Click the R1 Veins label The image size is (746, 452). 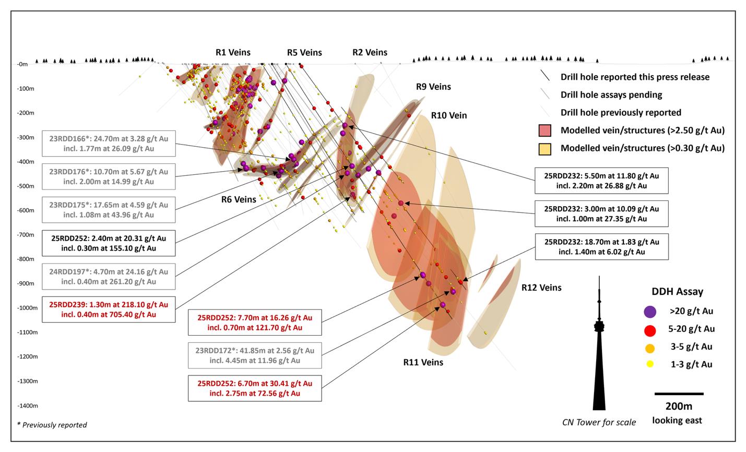click(x=233, y=52)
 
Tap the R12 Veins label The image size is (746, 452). click(x=541, y=288)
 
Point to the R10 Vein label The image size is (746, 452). click(x=449, y=115)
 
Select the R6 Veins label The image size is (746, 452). click(x=239, y=199)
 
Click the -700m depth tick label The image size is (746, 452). click(x=26, y=235)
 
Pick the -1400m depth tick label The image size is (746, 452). click(x=28, y=406)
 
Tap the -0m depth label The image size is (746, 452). click(x=22, y=64)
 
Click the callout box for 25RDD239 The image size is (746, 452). click(x=109, y=310)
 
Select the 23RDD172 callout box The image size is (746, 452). click(x=255, y=355)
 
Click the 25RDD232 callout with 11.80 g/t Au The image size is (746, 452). click(x=601, y=181)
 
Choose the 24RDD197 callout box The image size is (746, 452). click(x=109, y=277)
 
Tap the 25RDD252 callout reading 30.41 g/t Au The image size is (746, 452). click(x=255, y=388)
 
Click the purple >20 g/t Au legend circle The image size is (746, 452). click(x=650, y=312)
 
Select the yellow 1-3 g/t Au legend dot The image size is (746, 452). click(x=650, y=364)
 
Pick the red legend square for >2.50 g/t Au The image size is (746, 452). click(x=545, y=130)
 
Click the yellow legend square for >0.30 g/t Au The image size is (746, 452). click(x=545, y=149)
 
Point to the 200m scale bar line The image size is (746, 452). click(x=679, y=394)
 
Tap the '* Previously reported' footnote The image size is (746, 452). click(x=52, y=425)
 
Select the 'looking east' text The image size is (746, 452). click(x=677, y=420)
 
